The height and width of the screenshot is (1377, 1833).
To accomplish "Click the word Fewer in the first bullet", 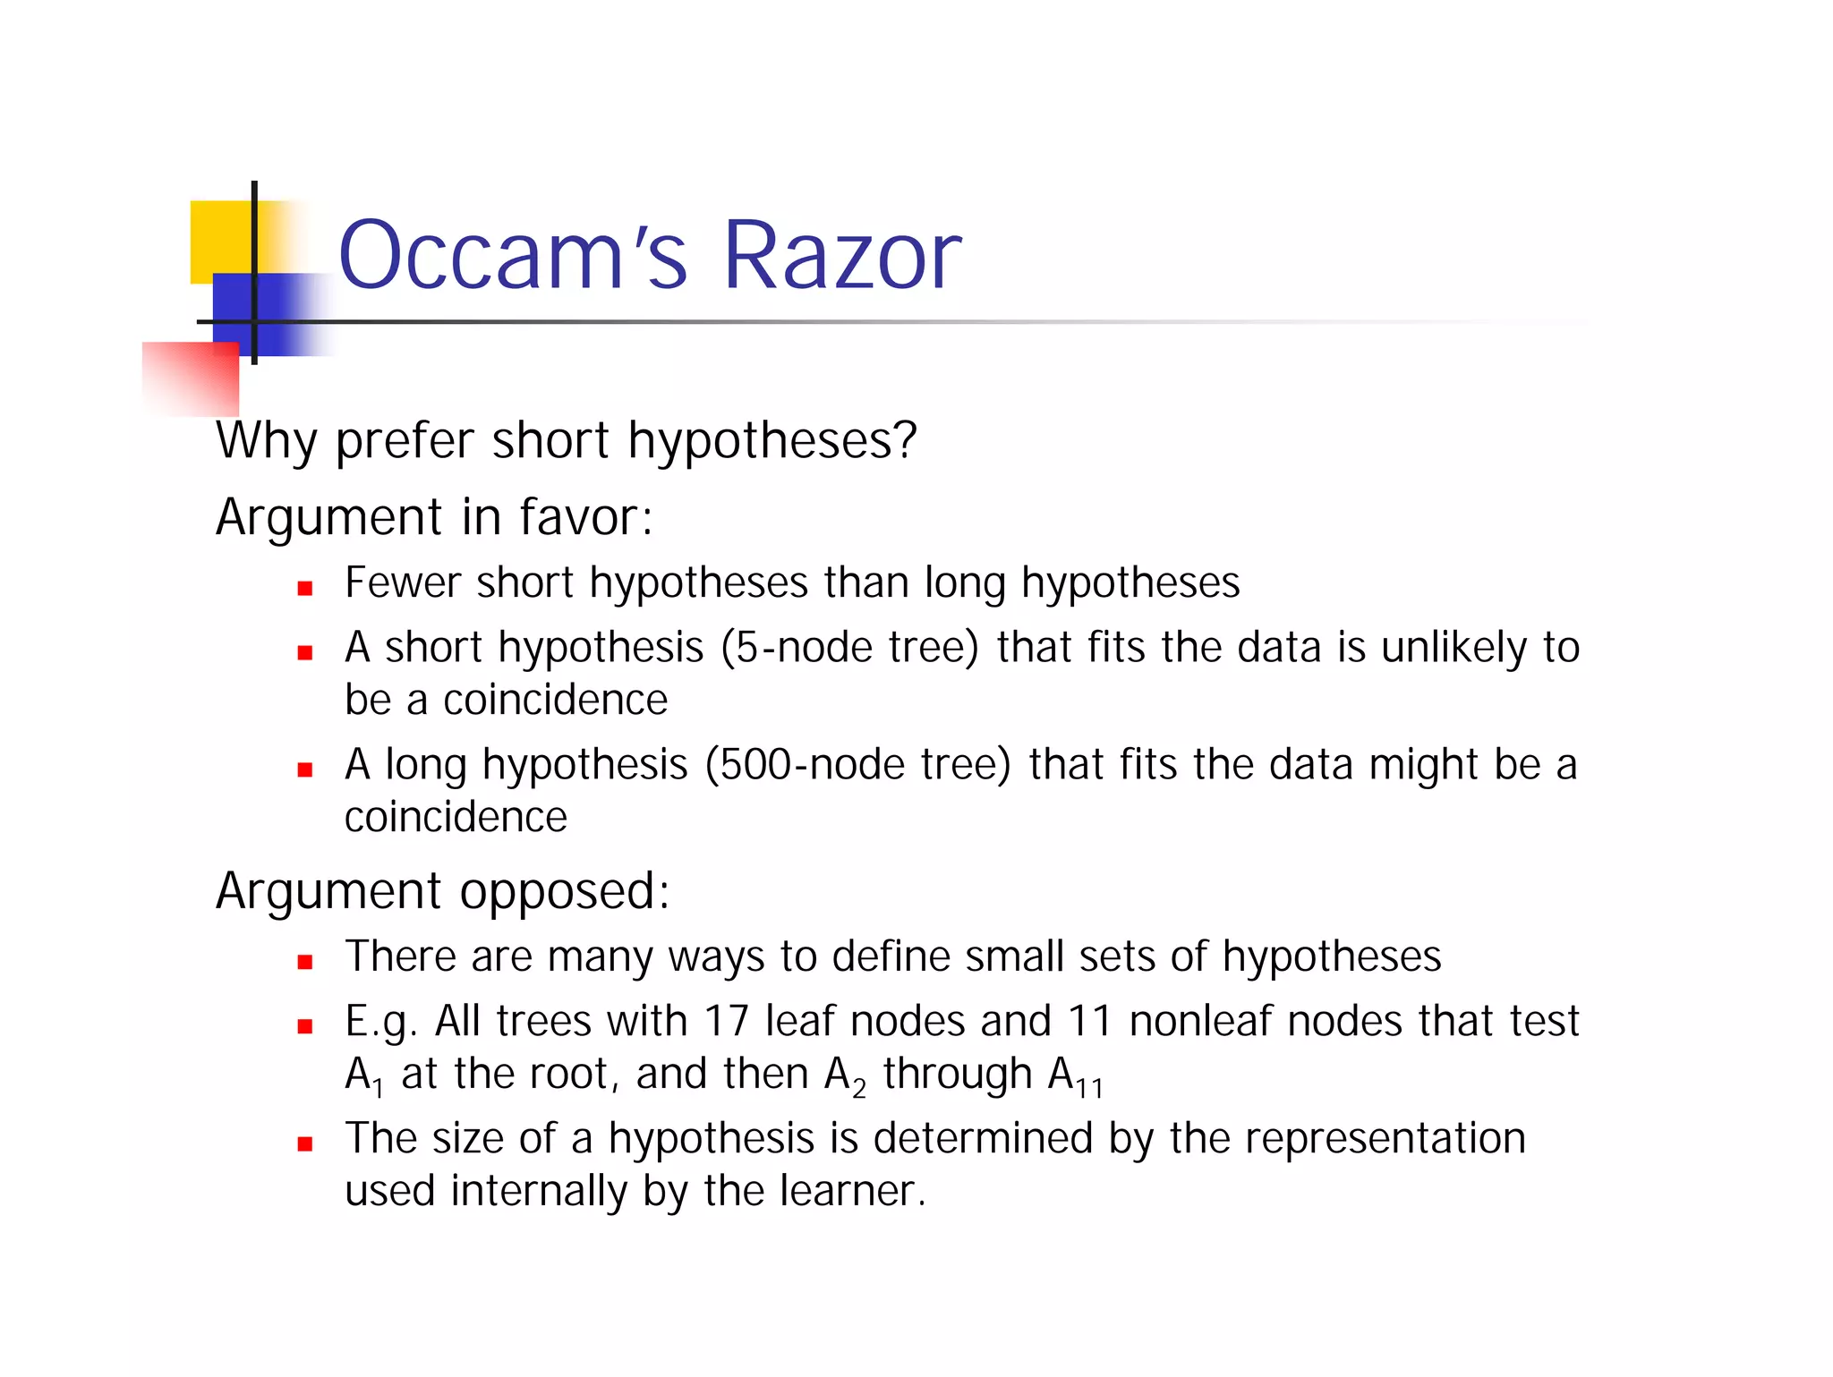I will (x=403, y=582).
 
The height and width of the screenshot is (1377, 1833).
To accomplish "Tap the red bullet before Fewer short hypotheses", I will (x=305, y=589).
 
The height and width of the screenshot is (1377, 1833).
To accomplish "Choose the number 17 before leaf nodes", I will (x=726, y=1021).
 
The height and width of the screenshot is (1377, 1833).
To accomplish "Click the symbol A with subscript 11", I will (x=1074, y=1075).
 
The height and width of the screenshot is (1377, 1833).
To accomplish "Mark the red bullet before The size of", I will (x=305, y=1144).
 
